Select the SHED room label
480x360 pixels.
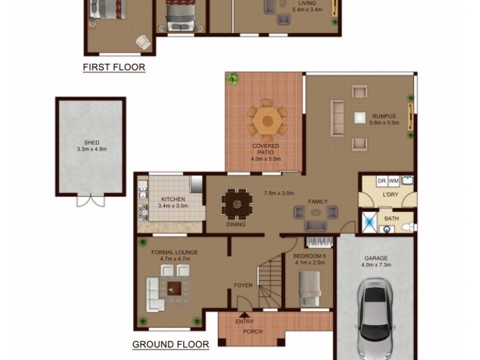point(91,143)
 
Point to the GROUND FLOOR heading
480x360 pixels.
point(170,344)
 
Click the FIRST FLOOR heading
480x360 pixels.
point(114,67)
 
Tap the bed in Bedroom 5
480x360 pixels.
point(310,286)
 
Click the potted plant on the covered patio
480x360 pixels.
point(232,78)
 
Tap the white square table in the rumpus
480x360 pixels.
point(360,118)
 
